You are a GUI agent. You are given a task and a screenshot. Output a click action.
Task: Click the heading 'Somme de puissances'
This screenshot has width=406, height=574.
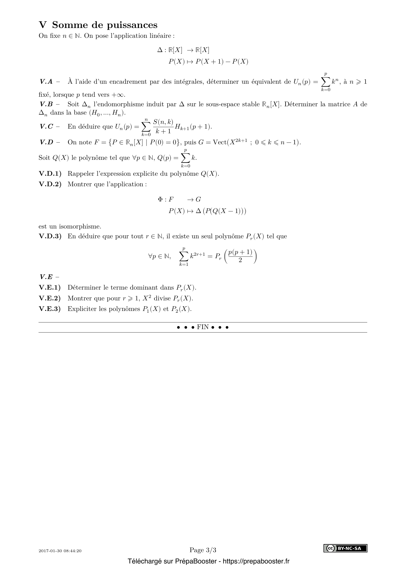pyautogui.click(x=105, y=25)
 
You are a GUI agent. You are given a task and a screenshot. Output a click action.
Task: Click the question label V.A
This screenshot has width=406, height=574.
pyautogui.click(x=46, y=82)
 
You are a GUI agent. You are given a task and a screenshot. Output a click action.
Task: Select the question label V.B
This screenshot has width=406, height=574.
pyautogui.click(x=46, y=104)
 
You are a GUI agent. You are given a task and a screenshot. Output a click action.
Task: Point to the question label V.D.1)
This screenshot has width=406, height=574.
pyautogui.click(x=50, y=174)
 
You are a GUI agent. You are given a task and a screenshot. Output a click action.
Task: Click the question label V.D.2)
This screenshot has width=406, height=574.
pyautogui.click(x=50, y=184)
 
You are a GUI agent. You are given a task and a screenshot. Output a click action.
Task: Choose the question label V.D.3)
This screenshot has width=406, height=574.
pyautogui.click(x=50, y=236)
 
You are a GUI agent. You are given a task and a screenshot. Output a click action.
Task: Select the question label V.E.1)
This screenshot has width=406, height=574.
pyautogui.click(x=50, y=288)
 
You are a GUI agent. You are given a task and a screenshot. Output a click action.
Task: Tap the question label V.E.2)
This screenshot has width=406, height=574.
pyautogui.click(x=50, y=298)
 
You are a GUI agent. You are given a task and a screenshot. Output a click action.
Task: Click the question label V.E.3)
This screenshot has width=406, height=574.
pyautogui.click(x=50, y=309)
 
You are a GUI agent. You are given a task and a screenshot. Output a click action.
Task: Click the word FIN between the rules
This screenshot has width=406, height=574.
pyautogui.click(x=203, y=327)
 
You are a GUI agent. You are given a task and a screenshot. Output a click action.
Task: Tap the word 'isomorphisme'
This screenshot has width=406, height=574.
pyautogui.click(x=80, y=227)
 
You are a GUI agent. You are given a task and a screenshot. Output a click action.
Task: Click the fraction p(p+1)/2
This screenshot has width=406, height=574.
pyautogui.click(x=240, y=256)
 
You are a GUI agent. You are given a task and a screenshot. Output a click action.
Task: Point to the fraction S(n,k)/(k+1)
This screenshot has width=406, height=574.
pyautogui.click(x=163, y=126)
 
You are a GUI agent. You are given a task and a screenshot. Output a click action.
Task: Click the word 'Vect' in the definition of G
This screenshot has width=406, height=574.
pyautogui.click(x=219, y=143)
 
